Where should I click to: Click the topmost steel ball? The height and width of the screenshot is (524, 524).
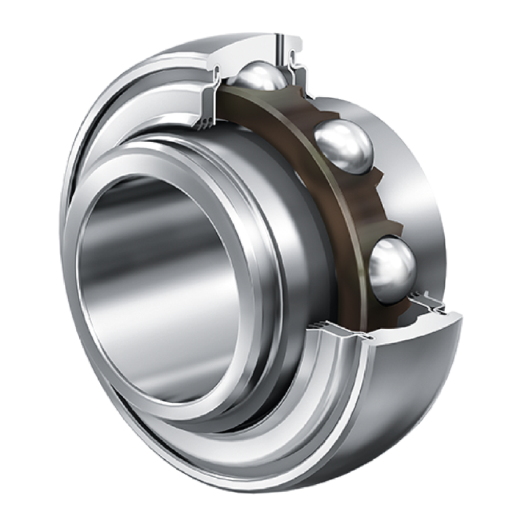click(x=261, y=78)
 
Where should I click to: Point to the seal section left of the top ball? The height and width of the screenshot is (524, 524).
click(x=216, y=92)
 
